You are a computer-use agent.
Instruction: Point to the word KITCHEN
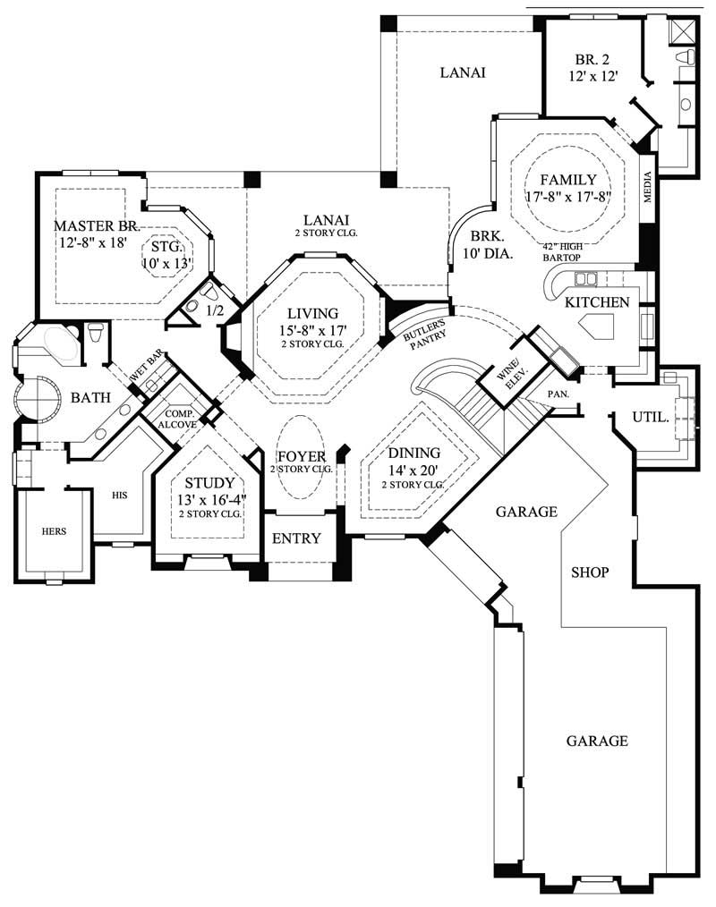coord(597,302)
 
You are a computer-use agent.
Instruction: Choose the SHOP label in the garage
coord(590,572)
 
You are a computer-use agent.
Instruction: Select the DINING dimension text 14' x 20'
coord(413,470)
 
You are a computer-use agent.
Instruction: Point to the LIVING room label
coord(312,313)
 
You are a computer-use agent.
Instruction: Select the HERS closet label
coord(54,530)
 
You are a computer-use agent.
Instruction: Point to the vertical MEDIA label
coord(648,187)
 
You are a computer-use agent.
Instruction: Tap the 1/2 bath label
coord(215,310)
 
